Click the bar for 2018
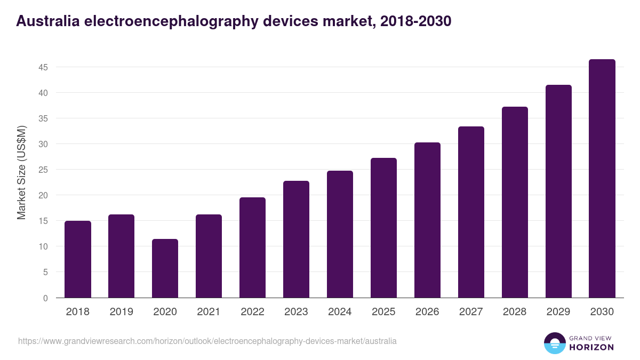click(78, 259)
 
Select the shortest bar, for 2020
click(165, 268)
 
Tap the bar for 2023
click(296, 239)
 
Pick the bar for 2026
click(427, 220)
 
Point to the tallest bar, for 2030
click(602, 179)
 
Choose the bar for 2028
click(515, 202)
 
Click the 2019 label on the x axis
click(121, 312)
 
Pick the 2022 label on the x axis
click(252, 312)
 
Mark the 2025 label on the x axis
click(383, 312)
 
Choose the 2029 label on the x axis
click(558, 312)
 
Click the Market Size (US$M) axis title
click(21, 172)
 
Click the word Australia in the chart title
click(44, 21)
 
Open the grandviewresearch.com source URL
click(207, 341)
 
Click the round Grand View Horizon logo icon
click(555, 343)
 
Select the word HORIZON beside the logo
click(592, 347)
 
